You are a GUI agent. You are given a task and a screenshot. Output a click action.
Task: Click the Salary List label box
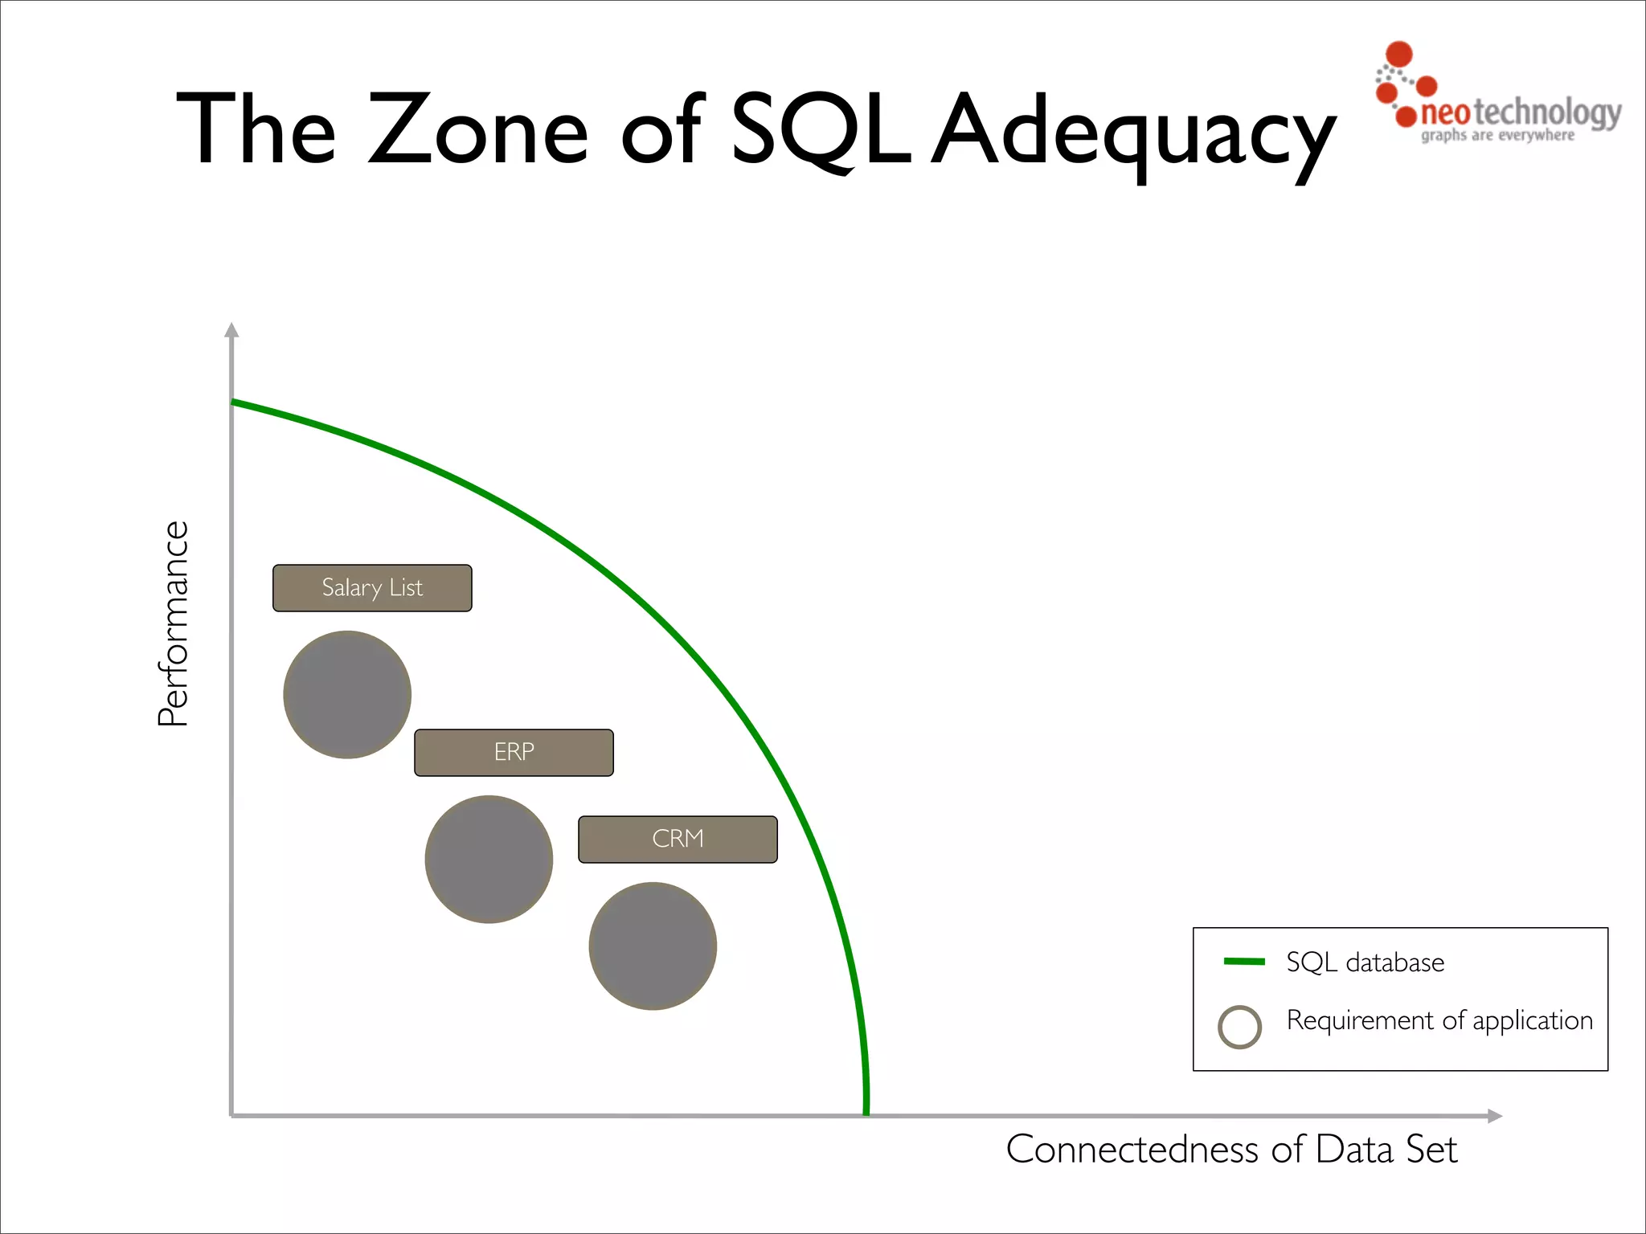(372, 588)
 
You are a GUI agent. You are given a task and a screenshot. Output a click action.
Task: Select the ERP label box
(514, 753)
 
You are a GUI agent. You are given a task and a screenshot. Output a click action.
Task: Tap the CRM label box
(678, 840)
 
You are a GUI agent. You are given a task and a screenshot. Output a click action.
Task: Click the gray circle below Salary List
(347, 695)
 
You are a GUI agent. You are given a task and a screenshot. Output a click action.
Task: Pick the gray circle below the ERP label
(489, 859)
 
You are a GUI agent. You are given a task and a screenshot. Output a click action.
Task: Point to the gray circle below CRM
(653, 946)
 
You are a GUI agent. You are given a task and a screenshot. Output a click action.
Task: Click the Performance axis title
(174, 623)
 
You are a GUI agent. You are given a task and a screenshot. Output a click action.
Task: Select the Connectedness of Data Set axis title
(1231, 1150)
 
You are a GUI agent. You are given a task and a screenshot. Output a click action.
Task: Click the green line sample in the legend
(1243, 962)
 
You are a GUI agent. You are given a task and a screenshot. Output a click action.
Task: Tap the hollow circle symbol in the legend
(1239, 1027)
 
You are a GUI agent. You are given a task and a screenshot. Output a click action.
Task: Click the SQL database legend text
(1365, 962)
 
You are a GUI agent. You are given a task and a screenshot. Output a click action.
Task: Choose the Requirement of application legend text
(1439, 1021)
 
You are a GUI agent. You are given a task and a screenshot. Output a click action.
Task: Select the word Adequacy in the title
(1134, 133)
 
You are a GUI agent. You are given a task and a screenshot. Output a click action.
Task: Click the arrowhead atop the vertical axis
(232, 330)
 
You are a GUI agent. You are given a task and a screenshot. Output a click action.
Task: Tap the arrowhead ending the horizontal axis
(1494, 1116)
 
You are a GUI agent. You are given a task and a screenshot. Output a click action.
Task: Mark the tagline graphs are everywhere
(1497, 136)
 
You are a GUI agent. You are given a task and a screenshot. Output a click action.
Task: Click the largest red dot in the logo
(1399, 54)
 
